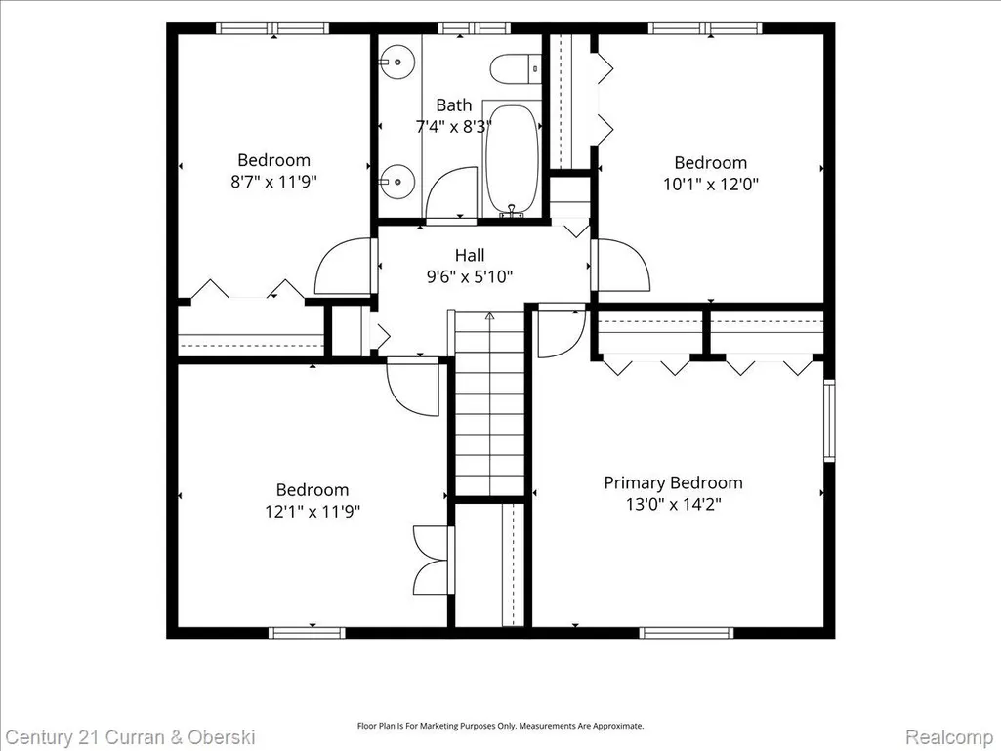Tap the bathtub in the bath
pos(512,158)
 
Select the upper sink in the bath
pos(396,62)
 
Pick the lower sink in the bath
pos(396,182)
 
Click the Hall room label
pos(470,256)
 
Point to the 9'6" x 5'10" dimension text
pos(470,276)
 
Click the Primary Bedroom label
pos(674,482)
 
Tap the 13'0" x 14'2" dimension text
pos(674,505)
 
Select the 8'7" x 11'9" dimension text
pos(273,182)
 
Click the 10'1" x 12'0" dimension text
pos(711,184)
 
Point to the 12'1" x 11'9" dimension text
pos(313,511)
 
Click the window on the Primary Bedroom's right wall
pos(829,420)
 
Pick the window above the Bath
pos(475,28)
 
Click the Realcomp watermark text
pos(949,736)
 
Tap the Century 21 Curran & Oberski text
pos(131,737)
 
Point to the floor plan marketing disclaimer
pos(500,726)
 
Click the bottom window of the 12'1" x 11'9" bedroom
pos(307,633)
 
